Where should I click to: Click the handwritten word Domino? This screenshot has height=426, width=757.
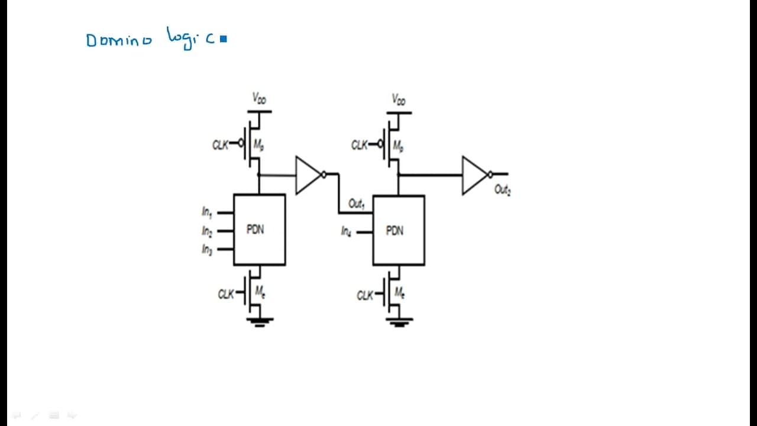pyautogui.click(x=119, y=40)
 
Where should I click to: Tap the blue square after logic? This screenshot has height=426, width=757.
pyautogui.click(x=224, y=39)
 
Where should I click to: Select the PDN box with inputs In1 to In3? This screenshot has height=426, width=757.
pyautogui.click(x=260, y=230)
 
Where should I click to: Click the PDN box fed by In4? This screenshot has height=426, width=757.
pyautogui.click(x=399, y=230)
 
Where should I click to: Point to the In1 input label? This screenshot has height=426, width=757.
pyautogui.click(x=207, y=212)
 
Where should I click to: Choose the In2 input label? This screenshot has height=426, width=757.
pyautogui.click(x=207, y=231)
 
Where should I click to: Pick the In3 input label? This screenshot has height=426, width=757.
pyautogui.click(x=207, y=250)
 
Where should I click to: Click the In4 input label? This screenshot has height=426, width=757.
pyautogui.click(x=346, y=231)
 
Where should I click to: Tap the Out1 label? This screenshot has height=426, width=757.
pyautogui.click(x=356, y=204)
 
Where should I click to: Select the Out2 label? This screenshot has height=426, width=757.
pyautogui.click(x=503, y=190)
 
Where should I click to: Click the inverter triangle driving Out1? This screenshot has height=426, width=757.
pyautogui.click(x=308, y=175)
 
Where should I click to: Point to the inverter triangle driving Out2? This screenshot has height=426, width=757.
pyautogui.click(x=475, y=175)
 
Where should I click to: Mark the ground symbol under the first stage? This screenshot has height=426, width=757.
pyautogui.click(x=260, y=322)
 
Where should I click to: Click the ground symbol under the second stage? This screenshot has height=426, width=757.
pyautogui.click(x=399, y=322)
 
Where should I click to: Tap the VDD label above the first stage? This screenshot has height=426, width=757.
pyautogui.click(x=259, y=98)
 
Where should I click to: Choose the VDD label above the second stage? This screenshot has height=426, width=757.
pyautogui.click(x=399, y=100)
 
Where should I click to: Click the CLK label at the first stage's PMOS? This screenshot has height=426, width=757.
pyautogui.click(x=221, y=145)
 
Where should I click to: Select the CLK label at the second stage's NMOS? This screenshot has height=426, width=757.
pyautogui.click(x=365, y=295)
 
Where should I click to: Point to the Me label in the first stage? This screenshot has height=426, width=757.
pyautogui.click(x=260, y=292)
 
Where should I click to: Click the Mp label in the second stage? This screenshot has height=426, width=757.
pyautogui.click(x=398, y=146)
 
